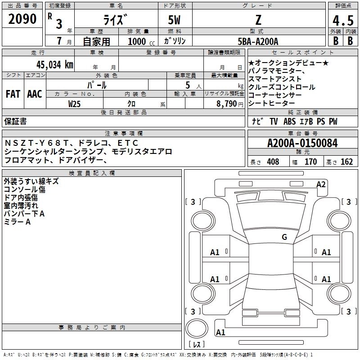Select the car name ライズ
(x=115, y=20)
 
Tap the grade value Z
(x=258, y=20)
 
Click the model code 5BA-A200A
(x=258, y=41)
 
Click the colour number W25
(x=75, y=104)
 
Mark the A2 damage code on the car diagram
(x=321, y=184)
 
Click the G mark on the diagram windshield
(x=284, y=237)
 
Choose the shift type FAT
(x=13, y=94)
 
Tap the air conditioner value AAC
(x=35, y=94)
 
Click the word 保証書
(x=15, y=121)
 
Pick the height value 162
(x=346, y=162)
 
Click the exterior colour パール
(x=97, y=85)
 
